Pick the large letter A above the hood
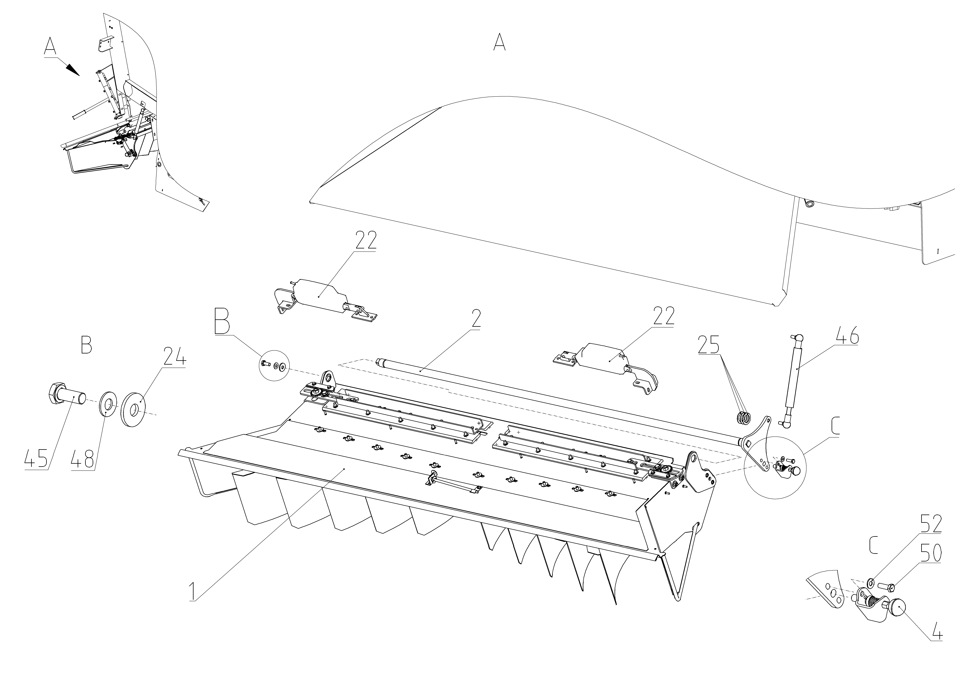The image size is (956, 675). (499, 42)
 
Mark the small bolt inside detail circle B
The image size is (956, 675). (265, 364)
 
